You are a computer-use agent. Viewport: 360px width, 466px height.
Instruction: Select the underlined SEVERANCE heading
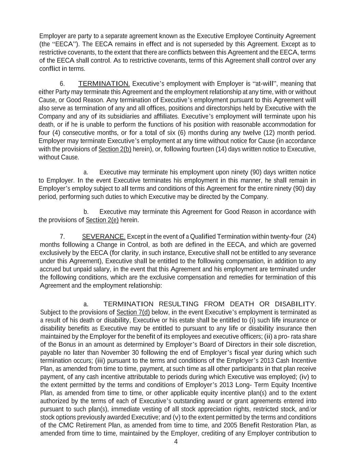[x=104, y=237]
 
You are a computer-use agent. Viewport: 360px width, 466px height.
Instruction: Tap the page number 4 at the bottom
[x=176, y=442]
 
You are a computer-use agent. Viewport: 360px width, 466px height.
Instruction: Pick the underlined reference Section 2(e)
[x=102, y=220]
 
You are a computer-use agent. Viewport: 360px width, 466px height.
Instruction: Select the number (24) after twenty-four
[x=310, y=237]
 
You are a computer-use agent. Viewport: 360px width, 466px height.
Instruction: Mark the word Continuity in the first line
[x=267, y=36]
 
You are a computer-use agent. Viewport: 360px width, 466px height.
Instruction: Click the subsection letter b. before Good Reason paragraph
[x=86, y=212]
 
